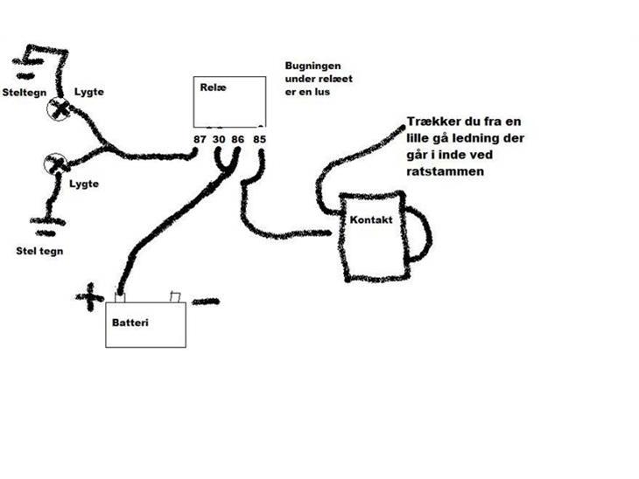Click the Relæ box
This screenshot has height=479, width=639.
[x=229, y=103]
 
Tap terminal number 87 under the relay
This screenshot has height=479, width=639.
[x=201, y=138]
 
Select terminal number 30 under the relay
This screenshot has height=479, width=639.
[x=220, y=138]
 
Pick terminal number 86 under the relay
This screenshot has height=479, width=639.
[x=239, y=138]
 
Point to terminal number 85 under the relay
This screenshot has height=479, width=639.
[x=259, y=138]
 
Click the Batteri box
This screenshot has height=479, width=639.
[x=145, y=324]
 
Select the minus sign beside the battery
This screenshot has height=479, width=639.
[x=206, y=302]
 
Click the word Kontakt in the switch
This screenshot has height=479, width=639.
[x=370, y=223]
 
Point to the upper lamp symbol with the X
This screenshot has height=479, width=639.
[x=60, y=108]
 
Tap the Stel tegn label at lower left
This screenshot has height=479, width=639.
[x=39, y=251]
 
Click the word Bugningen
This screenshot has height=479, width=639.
[x=312, y=67]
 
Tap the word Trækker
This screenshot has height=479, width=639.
[x=434, y=122]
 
